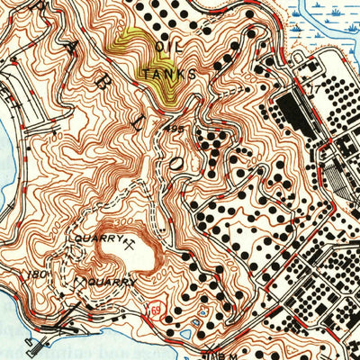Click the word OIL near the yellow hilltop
(x=162, y=46)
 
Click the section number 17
(x=314, y=89)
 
